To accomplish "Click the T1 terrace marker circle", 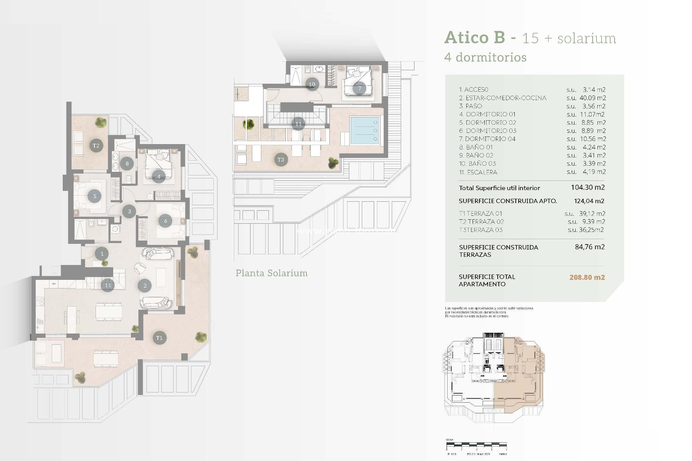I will tap(159, 338).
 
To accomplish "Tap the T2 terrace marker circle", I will tap(96, 146).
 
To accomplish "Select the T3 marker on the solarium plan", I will tap(281, 160).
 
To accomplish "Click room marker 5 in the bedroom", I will tap(94, 196).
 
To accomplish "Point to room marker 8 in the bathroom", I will tap(127, 164).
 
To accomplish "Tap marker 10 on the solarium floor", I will tap(312, 84).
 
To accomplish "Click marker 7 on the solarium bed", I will tap(359, 88).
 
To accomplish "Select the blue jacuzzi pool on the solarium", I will tap(364, 130).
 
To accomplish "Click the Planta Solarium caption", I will tap(271, 273).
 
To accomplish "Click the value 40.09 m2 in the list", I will tap(592, 98).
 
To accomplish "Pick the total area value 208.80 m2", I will tap(587, 277).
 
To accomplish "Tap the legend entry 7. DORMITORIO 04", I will tap(487, 139).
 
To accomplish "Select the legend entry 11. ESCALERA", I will tap(478, 172).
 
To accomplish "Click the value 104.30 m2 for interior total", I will tap(587, 187).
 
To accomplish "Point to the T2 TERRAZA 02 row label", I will tap(481, 221).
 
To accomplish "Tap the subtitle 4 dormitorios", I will tap(485, 57).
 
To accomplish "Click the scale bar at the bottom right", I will tap(476, 445).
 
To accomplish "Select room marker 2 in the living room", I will tap(145, 286).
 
